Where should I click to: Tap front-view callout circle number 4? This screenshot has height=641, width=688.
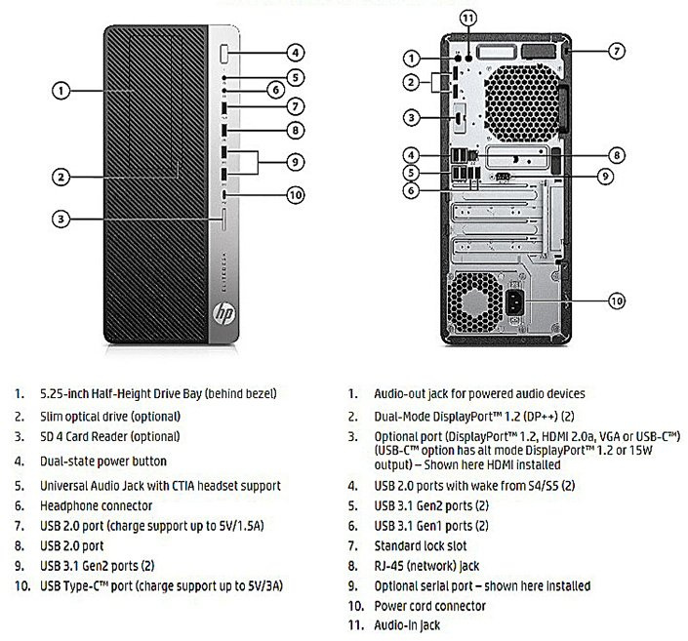(296, 53)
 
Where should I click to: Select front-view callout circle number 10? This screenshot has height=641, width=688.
(296, 194)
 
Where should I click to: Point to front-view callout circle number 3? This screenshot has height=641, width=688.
(61, 220)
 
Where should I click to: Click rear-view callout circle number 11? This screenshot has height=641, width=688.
(469, 19)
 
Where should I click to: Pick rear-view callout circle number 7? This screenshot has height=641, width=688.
(617, 49)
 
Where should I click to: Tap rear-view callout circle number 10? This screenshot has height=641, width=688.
(617, 300)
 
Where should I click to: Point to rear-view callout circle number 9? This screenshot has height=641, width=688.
(605, 177)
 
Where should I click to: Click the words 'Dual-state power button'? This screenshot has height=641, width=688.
(102, 461)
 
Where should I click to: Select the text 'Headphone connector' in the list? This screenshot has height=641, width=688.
(96, 505)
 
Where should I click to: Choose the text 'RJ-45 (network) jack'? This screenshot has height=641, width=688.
(427, 566)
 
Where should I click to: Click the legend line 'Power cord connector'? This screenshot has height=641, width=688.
(430, 606)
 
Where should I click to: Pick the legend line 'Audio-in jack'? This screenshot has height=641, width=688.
(408, 625)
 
